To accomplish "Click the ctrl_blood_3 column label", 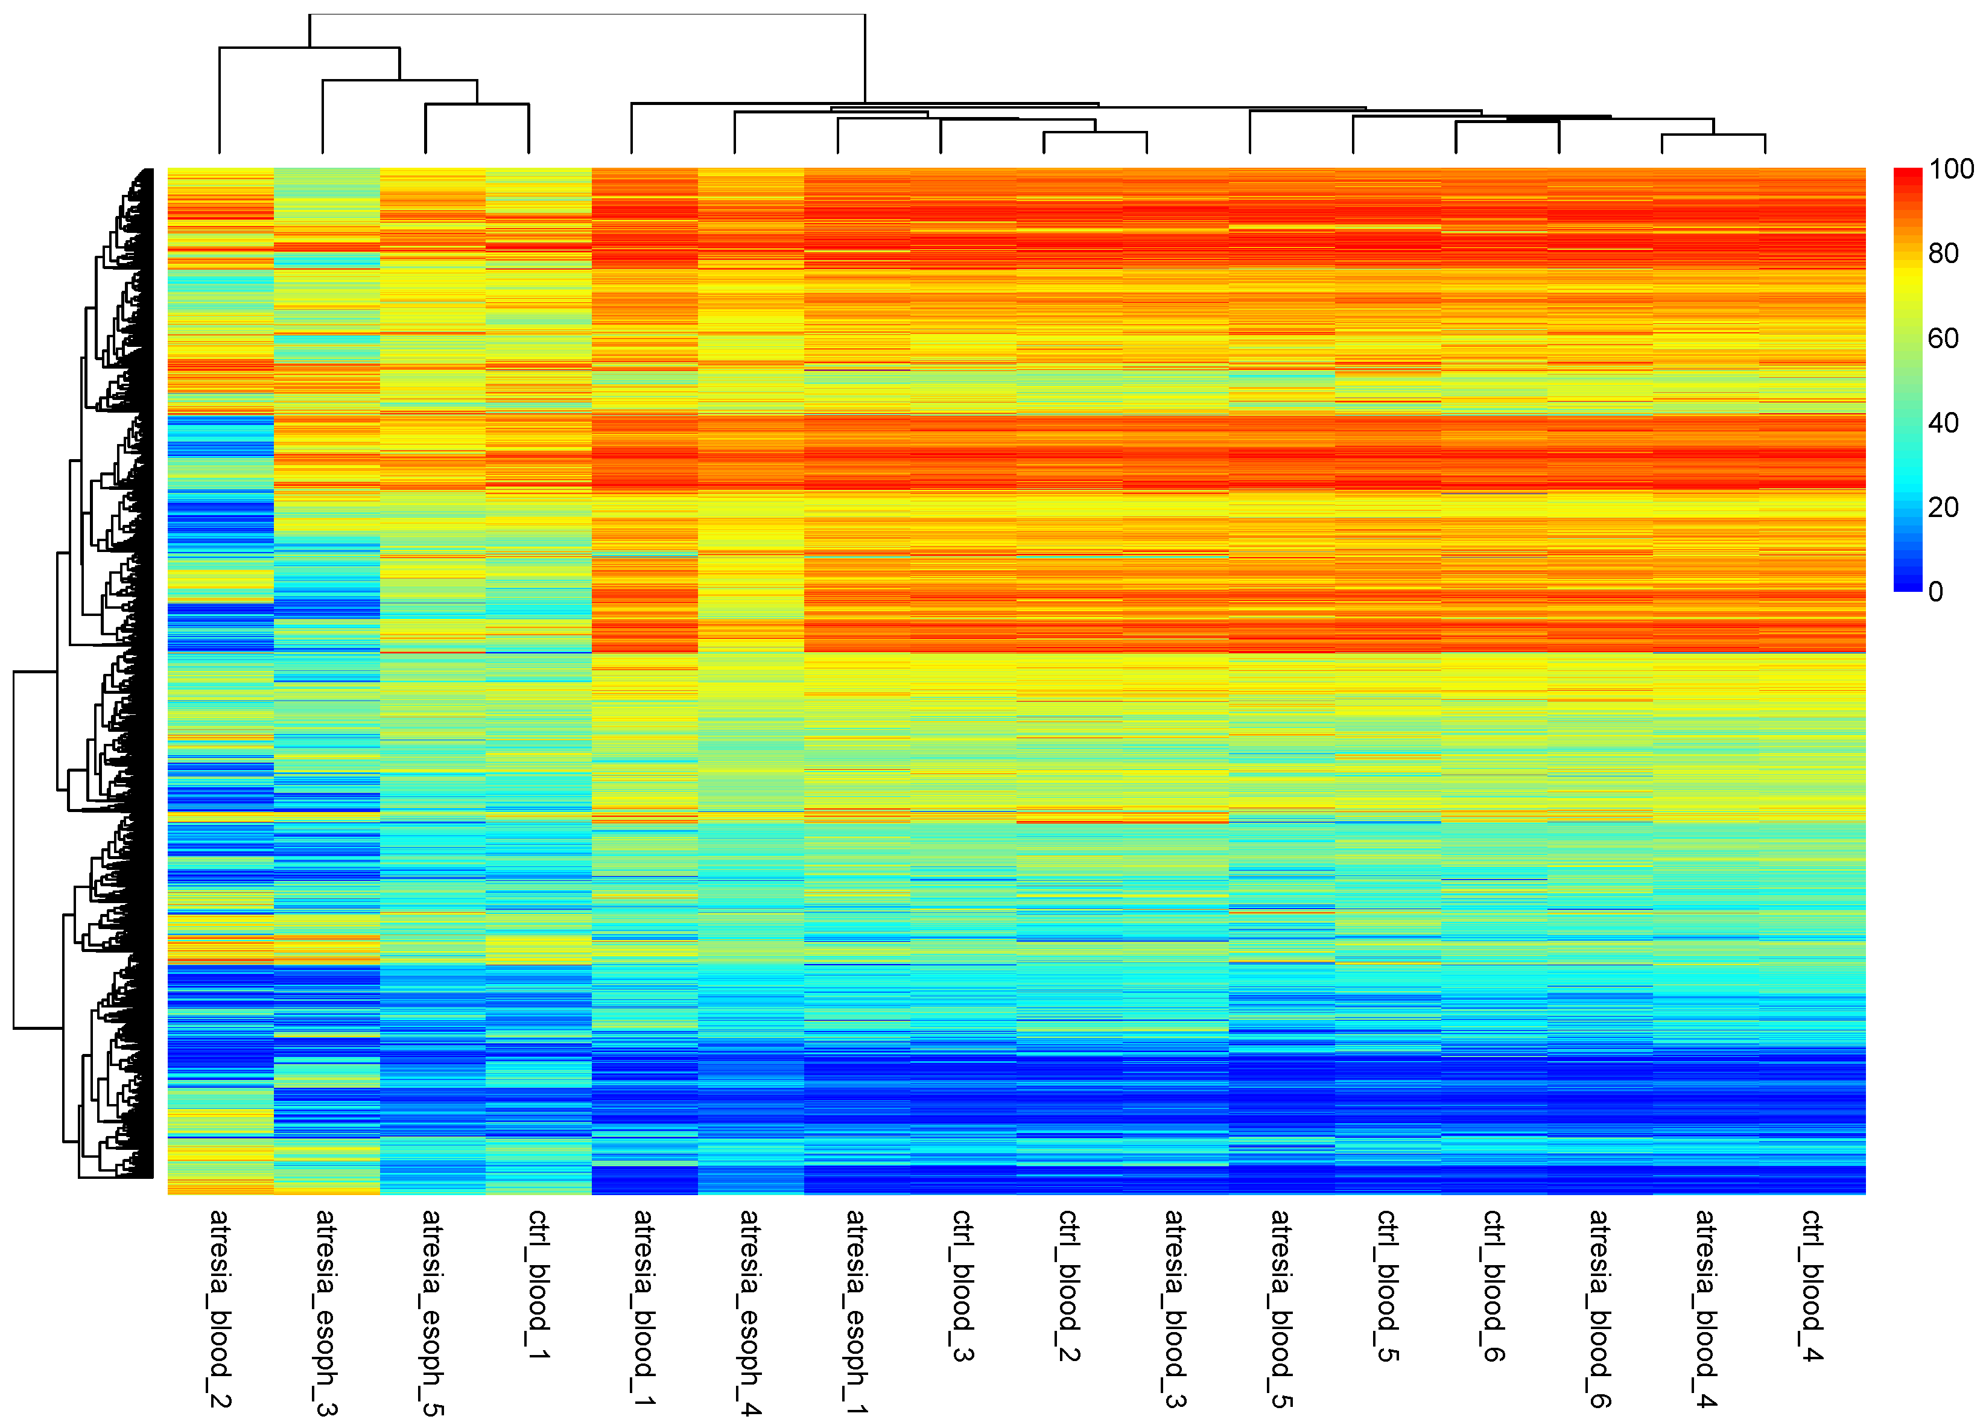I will coord(962,1285).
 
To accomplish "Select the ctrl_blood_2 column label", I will coord(1068,1285).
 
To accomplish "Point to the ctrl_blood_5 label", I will coord(1387,1285).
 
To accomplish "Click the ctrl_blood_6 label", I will coord(1493,1285).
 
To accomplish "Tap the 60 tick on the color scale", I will coord(1943,338).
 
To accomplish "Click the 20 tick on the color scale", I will coord(1943,507).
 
